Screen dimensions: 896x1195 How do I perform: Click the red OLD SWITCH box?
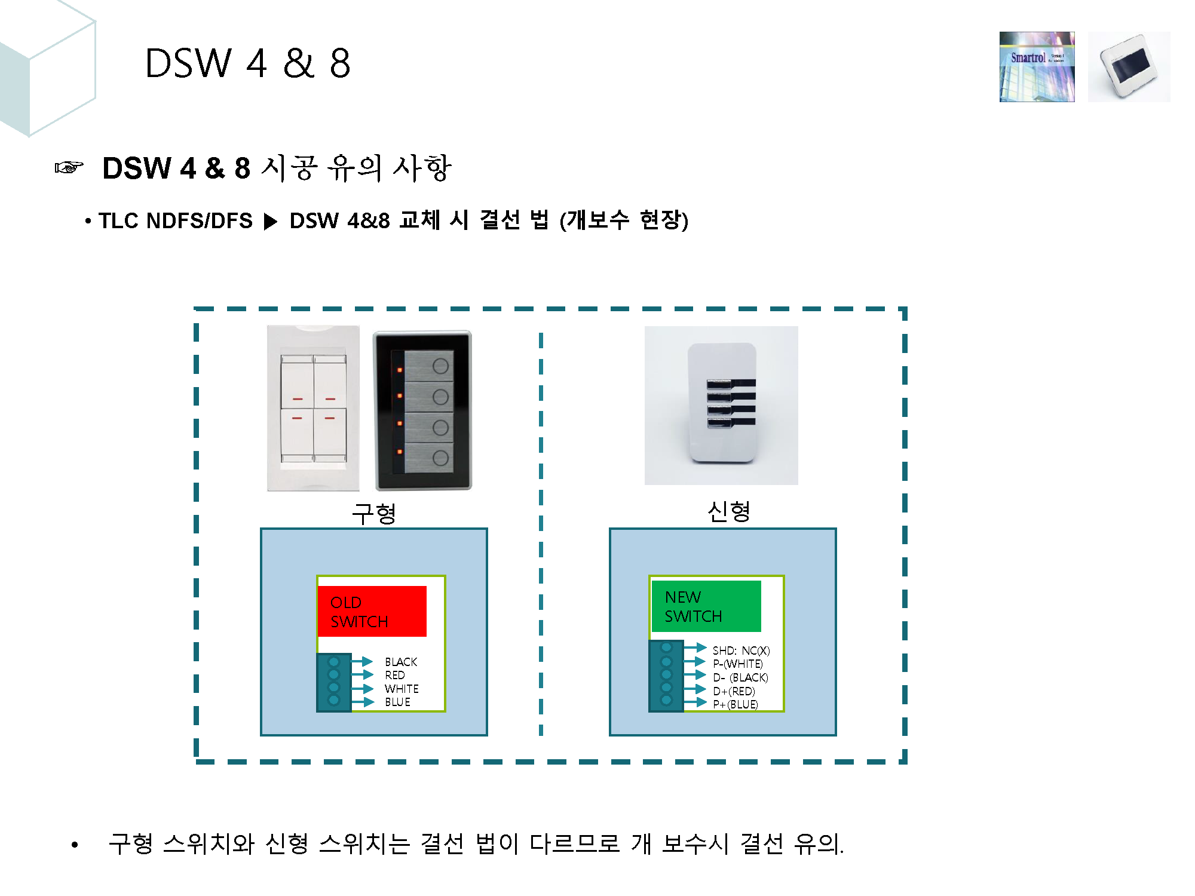(x=372, y=611)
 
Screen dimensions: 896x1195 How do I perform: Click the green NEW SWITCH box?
(x=706, y=606)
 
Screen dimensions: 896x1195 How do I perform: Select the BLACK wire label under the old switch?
(x=401, y=662)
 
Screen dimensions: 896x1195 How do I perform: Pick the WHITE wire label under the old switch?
(x=402, y=689)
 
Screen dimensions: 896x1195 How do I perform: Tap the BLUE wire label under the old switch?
(x=397, y=702)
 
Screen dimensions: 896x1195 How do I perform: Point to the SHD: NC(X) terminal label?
(x=741, y=650)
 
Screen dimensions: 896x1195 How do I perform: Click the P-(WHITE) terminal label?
(x=737, y=664)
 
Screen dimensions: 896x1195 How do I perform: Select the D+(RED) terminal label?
(x=734, y=691)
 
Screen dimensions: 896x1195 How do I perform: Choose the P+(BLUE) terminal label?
(x=736, y=704)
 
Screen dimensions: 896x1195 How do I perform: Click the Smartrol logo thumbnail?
(x=1037, y=67)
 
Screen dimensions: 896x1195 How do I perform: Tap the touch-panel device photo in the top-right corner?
(x=1129, y=67)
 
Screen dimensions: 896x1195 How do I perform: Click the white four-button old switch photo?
(x=313, y=408)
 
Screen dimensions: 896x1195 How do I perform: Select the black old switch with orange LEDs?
(x=422, y=410)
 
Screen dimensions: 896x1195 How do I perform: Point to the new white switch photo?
(x=721, y=405)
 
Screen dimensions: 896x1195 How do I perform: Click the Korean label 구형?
(x=374, y=513)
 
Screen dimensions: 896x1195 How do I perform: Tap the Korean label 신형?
(x=728, y=511)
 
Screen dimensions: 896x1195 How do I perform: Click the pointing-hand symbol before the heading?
(x=69, y=168)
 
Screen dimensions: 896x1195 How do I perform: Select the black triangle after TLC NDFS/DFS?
(x=271, y=222)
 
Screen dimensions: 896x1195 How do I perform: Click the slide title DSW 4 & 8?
(x=247, y=63)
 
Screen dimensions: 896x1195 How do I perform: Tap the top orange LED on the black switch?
(x=400, y=370)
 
